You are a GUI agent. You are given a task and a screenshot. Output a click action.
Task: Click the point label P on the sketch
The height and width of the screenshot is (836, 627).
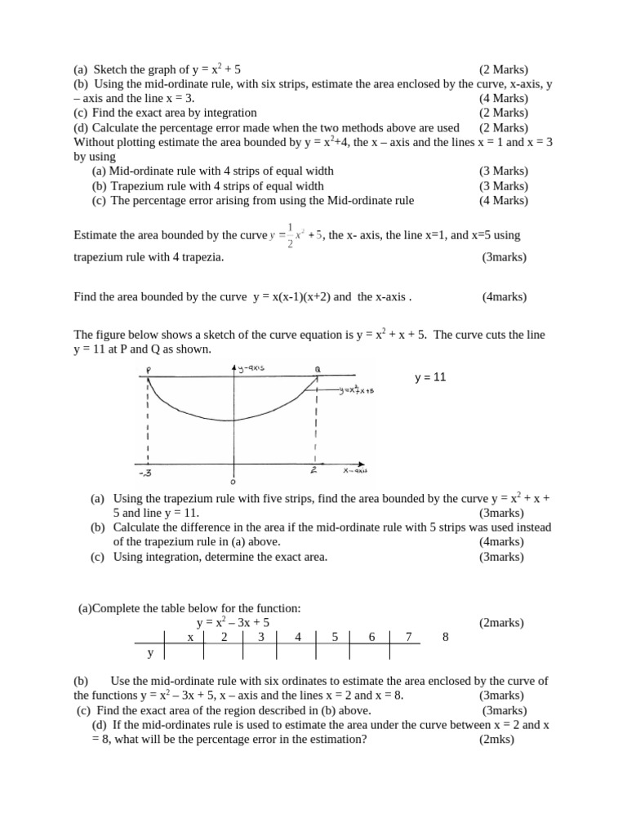[149, 371]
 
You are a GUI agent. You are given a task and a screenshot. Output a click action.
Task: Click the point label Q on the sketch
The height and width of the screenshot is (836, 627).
[318, 370]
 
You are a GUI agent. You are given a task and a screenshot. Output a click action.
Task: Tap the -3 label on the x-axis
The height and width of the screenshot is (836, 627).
[148, 472]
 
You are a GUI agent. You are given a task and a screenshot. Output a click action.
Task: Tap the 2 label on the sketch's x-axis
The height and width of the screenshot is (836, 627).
[313, 471]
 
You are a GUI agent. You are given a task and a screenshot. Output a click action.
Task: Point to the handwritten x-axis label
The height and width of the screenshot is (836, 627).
[355, 471]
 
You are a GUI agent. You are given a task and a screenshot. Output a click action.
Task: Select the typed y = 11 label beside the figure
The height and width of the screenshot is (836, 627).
[431, 378]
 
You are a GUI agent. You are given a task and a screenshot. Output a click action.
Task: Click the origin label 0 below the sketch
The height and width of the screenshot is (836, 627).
[233, 482]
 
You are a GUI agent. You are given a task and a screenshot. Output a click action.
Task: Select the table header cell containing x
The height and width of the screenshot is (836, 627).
[189, 637]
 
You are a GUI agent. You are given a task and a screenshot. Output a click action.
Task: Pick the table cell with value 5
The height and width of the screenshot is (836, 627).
[335, 637]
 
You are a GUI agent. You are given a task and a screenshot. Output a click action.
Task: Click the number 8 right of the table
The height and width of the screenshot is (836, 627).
[445, 637]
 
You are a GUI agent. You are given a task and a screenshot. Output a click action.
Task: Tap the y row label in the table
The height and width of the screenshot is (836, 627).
[150, 653]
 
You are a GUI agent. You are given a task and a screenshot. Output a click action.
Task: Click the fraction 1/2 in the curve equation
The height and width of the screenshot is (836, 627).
[290, 235]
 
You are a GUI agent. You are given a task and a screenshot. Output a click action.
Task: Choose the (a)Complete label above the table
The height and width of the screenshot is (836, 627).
[109, 608]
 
